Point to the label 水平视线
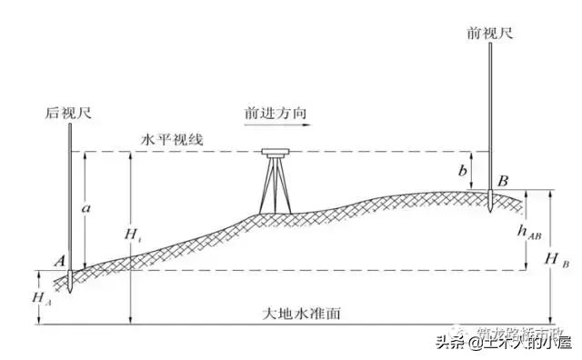[x=172, y=138]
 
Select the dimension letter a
[x=85, y=208]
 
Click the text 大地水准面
[x=299, y=315]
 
